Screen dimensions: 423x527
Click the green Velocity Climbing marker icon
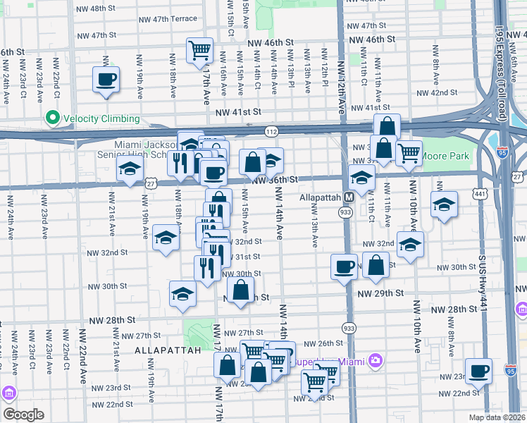[51, 118]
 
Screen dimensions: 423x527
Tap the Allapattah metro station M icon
[349, 197]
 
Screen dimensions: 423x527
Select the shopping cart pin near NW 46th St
[200, 50]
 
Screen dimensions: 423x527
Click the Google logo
[23, 414]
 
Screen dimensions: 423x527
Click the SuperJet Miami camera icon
[376, 361]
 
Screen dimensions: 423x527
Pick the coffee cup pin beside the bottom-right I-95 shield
[479, 370]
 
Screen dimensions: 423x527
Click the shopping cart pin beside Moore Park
[409, 152]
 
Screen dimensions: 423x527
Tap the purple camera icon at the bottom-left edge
[8, 392]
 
